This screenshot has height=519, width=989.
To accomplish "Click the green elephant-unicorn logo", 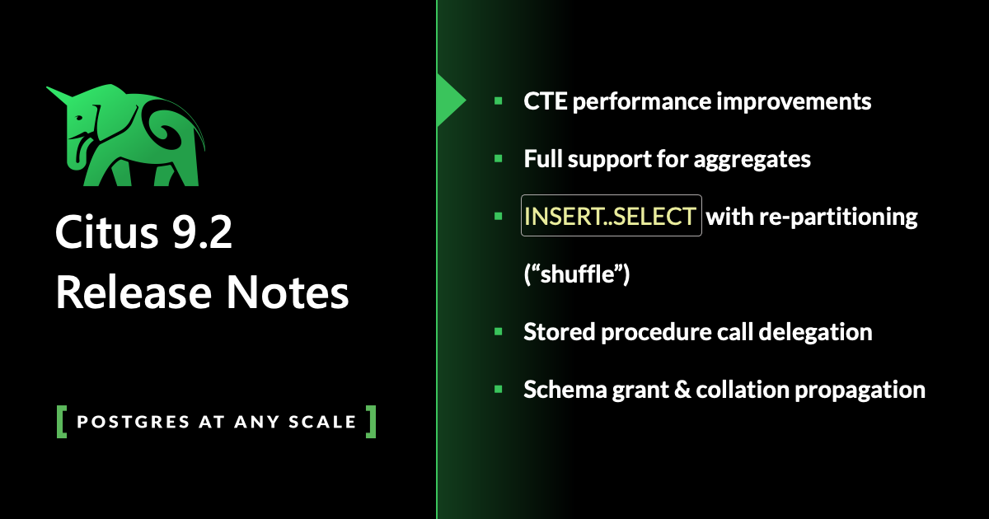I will click(132, 136).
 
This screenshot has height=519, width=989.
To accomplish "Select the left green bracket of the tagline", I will click(62, 421).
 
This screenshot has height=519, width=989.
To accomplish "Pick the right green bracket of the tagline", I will click(371, 421).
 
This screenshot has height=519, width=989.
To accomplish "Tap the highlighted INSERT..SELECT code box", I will click(611, 216).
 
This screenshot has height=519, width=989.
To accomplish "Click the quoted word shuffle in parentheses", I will click(577, 275).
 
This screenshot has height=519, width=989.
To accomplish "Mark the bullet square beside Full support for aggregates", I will click(498, 158).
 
